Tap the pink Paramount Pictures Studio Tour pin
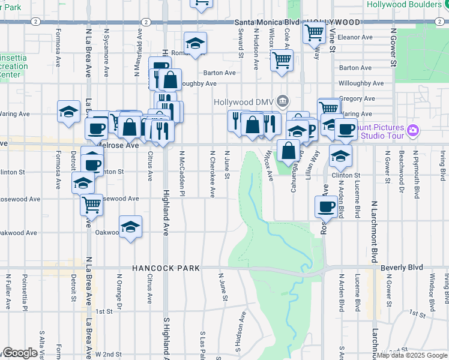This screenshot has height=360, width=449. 412,130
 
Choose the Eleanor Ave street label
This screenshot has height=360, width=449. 356,37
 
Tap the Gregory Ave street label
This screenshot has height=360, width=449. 357,98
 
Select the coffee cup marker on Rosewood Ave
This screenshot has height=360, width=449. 326,206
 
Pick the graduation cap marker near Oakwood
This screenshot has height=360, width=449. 130,227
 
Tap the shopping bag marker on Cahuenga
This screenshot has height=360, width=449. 288,151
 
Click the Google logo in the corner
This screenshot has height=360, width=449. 19,353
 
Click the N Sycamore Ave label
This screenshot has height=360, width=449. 106,52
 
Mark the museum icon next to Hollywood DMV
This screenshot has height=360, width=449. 285,100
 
